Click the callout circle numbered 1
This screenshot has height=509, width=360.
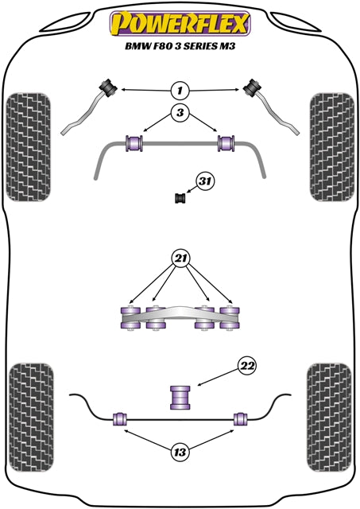point(180,89)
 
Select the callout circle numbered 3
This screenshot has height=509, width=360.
point(180,114)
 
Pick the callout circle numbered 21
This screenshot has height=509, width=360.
point(180,259)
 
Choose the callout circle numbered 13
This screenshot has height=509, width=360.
point(180,453)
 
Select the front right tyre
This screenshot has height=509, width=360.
point(330,146)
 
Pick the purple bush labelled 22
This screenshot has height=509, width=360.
point(180,396)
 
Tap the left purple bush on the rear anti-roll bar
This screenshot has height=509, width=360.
point(121,419)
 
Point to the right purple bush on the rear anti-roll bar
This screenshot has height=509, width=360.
point(239,419)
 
